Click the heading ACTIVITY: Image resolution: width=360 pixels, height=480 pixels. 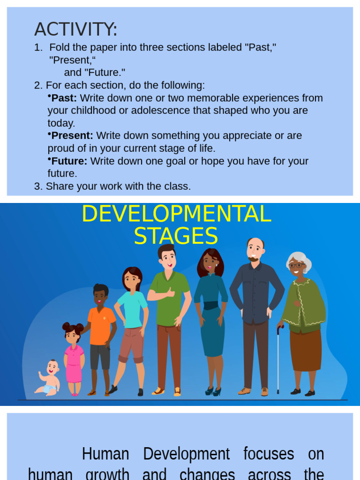point(75,30)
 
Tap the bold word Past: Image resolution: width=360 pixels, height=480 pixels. point(64,98)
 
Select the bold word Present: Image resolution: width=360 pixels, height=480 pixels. point(72,136)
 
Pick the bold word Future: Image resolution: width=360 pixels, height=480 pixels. point(69,161)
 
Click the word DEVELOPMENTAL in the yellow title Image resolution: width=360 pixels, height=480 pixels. point(176,214)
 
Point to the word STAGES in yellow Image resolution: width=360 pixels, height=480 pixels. point(176,236)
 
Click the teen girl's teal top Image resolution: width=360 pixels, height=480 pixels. point(132,309)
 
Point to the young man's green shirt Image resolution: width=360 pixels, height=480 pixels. point(169,299)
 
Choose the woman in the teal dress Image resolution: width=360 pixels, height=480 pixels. point(210,319)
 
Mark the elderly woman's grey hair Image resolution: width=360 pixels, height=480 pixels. point(298,258)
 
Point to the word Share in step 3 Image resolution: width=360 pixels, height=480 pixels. point(59,187)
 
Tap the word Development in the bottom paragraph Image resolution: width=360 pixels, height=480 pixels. point(186,454)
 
